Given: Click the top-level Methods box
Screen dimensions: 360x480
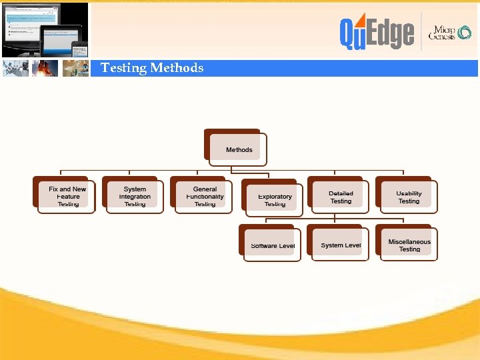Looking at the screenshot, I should pos(238,149).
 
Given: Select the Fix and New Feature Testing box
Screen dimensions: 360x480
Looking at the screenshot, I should pos(67,197).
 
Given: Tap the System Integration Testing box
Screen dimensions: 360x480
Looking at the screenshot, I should pos(135,197).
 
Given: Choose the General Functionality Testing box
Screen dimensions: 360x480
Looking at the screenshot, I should pos(204,197).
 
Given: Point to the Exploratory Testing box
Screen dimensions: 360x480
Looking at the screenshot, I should pos(274,199).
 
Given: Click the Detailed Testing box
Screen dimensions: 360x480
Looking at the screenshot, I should pos(341,197).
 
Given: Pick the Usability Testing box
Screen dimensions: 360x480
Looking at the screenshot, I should pos(408,197).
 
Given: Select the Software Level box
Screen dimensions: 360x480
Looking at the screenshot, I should pos(272,245).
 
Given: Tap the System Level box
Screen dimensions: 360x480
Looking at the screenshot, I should pos(340,245).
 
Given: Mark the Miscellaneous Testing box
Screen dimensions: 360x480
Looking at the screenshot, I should pos(409,245).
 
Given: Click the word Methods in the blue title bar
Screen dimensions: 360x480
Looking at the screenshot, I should pos(177,68).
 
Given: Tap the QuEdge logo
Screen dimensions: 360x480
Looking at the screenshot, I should pos(376,33).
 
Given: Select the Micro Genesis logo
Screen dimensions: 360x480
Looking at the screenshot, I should pos(451,33).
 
